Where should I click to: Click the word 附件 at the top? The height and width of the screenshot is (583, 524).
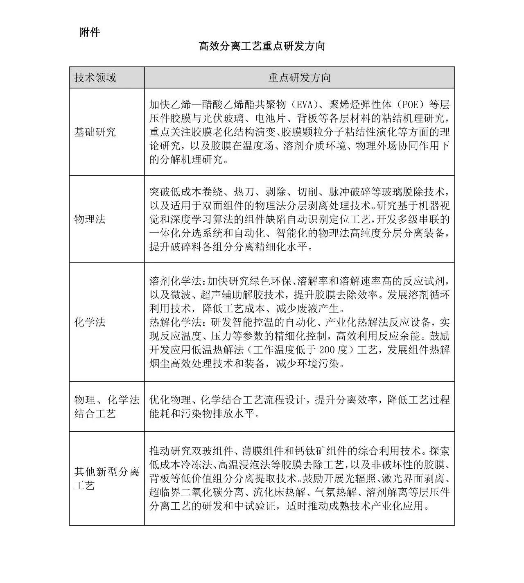click(x=90, y=32)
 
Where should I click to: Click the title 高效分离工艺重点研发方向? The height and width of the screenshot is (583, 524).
click(x=262, y=46)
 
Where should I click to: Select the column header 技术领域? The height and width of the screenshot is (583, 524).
click(x=95, y=77)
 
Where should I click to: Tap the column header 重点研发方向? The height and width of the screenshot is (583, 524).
click(x=299, y=77)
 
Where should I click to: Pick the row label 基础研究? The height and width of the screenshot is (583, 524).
click(x=95, y=132)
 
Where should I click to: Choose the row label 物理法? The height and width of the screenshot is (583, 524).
click(x=90, y=219)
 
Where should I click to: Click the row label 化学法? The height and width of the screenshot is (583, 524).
click(x=90, y=322)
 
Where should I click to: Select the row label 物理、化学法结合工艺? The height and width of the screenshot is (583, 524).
click(x=106, y=406)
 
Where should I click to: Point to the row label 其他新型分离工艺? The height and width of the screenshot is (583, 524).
click(x=106, y=478)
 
